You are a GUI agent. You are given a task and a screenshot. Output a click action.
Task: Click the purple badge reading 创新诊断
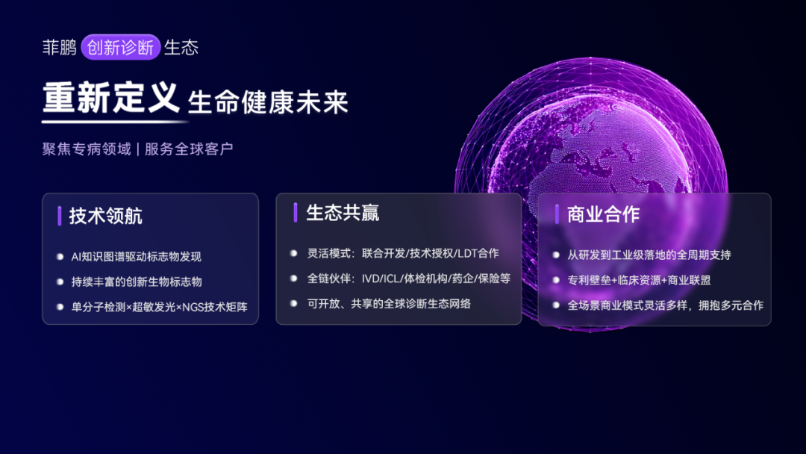[121, 47]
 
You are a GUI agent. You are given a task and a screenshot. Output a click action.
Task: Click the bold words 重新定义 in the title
[111, 98]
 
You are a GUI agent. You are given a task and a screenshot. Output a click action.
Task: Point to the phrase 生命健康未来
[268, 102]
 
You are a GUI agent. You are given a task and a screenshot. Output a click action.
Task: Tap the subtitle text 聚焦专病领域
[87, 149]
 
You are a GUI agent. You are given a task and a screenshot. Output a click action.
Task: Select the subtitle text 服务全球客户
[189, 149]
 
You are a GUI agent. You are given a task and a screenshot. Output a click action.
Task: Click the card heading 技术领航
[106, 216]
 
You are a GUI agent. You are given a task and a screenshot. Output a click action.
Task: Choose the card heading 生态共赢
[343, 213]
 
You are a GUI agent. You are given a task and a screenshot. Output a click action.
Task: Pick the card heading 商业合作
[604, 214]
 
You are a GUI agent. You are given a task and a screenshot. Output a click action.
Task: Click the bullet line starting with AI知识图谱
[137, 257]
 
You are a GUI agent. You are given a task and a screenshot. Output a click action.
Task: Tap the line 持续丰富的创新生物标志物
[137, 282]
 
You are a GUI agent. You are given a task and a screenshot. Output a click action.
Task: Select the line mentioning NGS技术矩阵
[160, 307]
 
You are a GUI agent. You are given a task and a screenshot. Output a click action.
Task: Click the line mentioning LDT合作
[403, 253]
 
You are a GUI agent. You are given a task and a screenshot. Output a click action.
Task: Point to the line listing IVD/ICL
[409, 279]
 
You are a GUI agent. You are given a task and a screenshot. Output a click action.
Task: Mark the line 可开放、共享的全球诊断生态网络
[389, 304]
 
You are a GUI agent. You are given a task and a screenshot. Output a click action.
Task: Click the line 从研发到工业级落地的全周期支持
[649, 255]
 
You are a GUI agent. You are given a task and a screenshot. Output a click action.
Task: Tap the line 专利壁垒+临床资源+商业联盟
[639, 280]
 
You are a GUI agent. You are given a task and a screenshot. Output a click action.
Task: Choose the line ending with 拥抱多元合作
[666, 305]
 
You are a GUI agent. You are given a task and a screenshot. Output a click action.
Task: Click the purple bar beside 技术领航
[60, 216]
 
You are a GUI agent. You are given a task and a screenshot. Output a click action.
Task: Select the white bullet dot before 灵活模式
[293, 253]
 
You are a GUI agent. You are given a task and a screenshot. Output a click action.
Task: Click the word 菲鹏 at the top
[59, 47]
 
